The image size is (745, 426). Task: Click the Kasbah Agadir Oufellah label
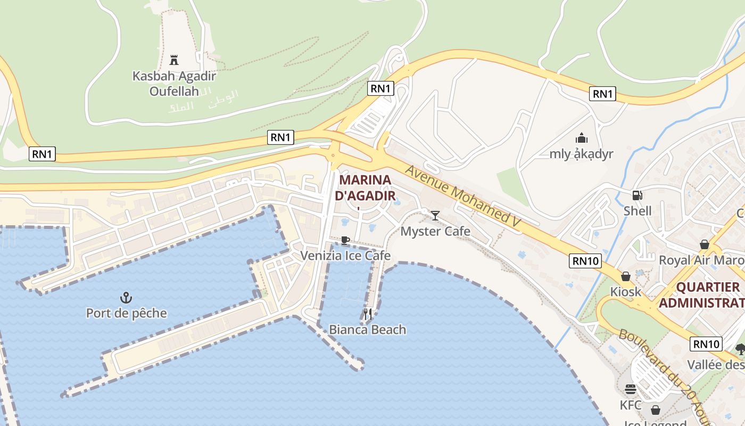pyautogui.click(x=166, y=84)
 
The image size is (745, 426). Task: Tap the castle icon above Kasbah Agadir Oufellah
pyautogui.click(x=173, y=60)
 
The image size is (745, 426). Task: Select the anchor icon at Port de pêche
pyautogui.click(x=126, y=298)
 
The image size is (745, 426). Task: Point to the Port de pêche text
pyautogui.click(x=127, y=313)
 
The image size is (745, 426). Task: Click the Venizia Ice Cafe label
pyautogui.click(x=345, y=256)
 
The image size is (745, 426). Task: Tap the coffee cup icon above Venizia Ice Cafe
pyautogui.click(x=345, y=240)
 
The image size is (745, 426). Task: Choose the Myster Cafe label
pyautogui.click(x=435, y=231)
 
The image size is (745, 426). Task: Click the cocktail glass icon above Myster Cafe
pyautogui.click(x=435, y=215)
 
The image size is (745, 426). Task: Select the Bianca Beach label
pyautogui.click(x=367, y=330)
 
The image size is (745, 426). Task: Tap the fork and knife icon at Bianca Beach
pyautogui.click(x=367, y=314)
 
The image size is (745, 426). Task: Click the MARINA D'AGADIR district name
pyautogui.click(x=365, y=187)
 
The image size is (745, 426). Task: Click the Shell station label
pyautogui.click(x=638, y=211)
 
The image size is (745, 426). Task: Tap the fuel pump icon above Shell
pyautogui.click(x=637, y=195)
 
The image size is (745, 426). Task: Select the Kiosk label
pyautogui.click(x=626, y=292)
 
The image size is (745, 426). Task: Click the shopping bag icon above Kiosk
pyautogui.click(x=626, y=276)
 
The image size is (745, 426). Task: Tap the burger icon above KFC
pyautogui.click(x=631, y=389)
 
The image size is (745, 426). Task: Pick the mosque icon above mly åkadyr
pyautogui.click(x=582, y=138)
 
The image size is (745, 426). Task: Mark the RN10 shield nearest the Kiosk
pyautogui.click(x=585, y=261)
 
